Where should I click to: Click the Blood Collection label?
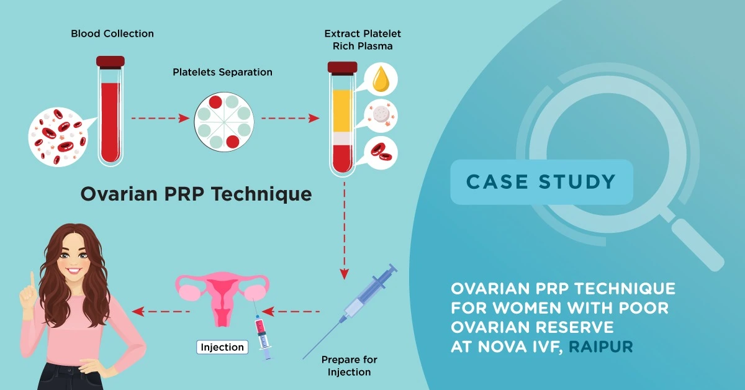[x=112, y=33]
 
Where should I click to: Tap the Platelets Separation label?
[x=222, y=72]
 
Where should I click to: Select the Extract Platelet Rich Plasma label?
[x=358, y=39]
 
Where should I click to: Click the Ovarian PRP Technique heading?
[x=196, y=194]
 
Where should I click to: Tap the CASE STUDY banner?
[x=541, y=182]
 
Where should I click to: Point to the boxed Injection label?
[x=222, y=347]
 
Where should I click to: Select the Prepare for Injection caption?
[x=349, y=366]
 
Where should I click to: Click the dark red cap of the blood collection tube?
[x=111, y=61]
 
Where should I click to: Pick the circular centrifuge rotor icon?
[x=223, y=118]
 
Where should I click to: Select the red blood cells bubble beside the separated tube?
[x=379, y=151]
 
